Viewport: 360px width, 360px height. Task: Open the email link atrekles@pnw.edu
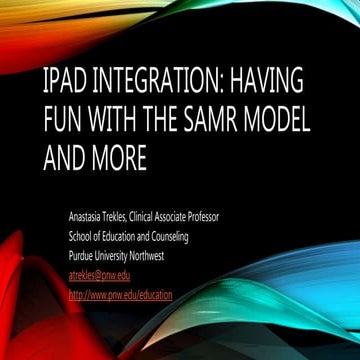99,275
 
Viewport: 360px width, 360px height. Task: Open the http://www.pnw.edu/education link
120,295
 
